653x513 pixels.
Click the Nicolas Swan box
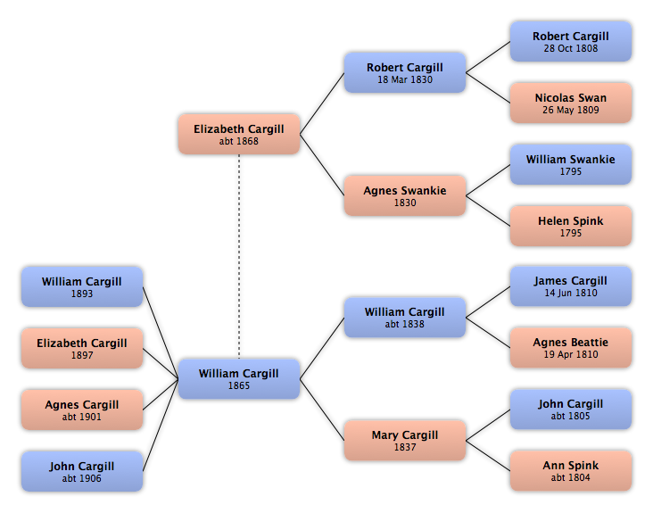(571, 103)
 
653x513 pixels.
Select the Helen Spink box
(571, 226)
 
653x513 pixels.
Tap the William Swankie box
(571, 164)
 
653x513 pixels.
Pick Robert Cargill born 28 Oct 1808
(571, 42)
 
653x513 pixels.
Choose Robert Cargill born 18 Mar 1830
(405, 72)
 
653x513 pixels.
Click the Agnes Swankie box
(405, 195)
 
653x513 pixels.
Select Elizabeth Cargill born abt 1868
(239, 134)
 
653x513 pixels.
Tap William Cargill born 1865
(239, 378)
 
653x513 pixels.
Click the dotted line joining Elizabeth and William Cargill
(239, 257)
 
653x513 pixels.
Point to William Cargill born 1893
(82, 286)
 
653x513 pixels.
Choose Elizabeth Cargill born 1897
(82, 348)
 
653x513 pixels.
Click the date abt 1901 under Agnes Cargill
(82, 417)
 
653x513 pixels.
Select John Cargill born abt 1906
(82, 471)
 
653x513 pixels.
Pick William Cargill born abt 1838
(405, 318)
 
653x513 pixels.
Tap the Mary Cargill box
(405, 440)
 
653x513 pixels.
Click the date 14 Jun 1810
(571, 294)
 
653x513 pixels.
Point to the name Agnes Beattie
(571, 343)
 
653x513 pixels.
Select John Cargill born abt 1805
(571, 410)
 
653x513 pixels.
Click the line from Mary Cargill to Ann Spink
(488, 456)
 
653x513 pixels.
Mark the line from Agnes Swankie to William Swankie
(488, 180)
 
